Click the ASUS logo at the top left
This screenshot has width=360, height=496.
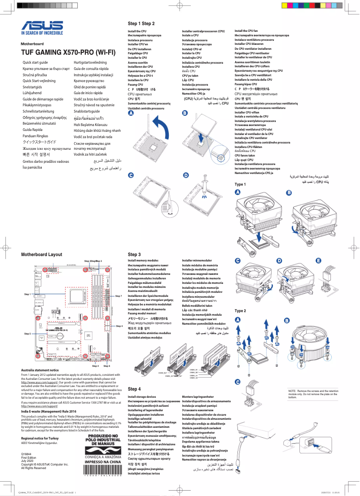point(42,26)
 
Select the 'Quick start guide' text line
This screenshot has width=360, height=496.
point(35,62)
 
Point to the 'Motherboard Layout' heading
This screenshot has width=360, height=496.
point(42,254)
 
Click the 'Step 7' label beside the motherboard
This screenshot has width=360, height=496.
point(119,296)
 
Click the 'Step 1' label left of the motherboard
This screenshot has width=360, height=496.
point(27,294)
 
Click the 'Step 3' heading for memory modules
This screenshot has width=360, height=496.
point(134,254)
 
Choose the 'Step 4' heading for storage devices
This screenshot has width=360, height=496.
point(134,389)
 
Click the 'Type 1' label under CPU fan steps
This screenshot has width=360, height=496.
point(240,184)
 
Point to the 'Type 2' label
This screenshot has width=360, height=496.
point(240,311)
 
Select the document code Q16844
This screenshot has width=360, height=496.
point(26,454)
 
